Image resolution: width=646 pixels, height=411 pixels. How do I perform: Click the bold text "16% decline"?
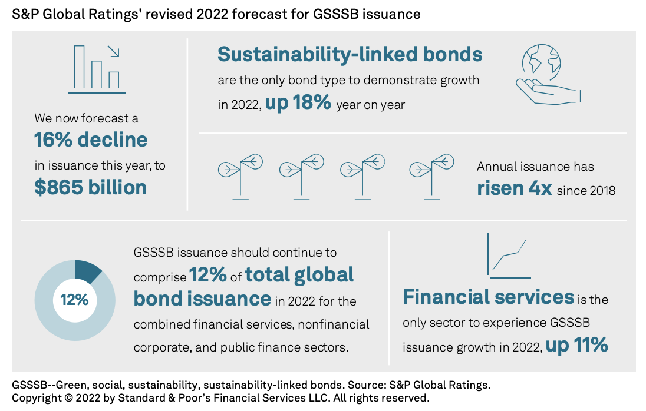pyautogui.click(x=91, y=140)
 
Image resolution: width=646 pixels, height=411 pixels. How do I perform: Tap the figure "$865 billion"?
pyautogui.click(x=90, y=187)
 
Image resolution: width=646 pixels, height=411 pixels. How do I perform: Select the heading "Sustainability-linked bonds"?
pyautogui.click(x=350, y=55)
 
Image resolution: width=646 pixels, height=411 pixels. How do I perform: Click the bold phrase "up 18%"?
pyautogui.click(x=298, y=103)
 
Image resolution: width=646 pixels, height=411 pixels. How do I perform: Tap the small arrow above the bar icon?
pyautogui.click(x=114, y=51)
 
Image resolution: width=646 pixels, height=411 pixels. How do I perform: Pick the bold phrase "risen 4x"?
pyautogui.click(x=514, y=188)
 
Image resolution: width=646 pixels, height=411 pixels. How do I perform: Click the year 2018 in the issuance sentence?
pyautogui.click(x=602, y=190)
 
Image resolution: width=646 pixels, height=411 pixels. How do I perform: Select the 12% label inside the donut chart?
pyautogui.click(x=74, y=300)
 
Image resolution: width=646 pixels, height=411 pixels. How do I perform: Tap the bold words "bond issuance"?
pyautogui.click(x=202, y=299)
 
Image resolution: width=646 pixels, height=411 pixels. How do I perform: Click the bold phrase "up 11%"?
pyautogui.click(x=576, y=345)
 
